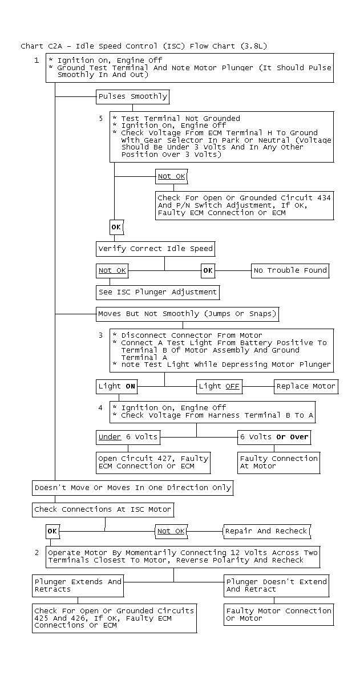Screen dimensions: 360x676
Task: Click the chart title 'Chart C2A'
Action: point(41,46)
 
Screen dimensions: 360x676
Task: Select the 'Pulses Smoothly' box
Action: point(133,96)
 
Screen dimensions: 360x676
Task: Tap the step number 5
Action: point(101,118)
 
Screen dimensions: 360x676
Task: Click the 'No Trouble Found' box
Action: point(290,271)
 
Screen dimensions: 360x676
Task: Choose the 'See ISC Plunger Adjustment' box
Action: point(158,292)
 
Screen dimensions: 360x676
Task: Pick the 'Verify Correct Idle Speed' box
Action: point(156,249)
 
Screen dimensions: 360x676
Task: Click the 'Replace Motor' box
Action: point(306,386)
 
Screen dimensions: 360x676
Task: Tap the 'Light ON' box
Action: point(117,386)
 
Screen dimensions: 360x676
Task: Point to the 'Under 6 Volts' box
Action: point(128,437)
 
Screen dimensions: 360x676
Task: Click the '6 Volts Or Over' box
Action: point(274,437)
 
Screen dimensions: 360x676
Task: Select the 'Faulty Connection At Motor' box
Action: point(279,463)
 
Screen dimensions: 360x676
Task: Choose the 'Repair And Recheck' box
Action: point(266,531)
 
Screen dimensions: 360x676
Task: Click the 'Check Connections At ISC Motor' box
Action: point(103,509)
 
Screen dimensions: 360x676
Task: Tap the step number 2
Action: point(37,552)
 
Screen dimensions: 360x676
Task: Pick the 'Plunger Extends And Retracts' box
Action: point(78,585)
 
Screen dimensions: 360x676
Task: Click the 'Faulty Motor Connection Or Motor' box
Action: point(279,614)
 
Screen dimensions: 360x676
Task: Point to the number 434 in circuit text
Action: point(324,198)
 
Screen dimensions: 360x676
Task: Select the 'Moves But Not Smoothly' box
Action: point(187,314)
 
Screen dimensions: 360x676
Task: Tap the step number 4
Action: point(101,407)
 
